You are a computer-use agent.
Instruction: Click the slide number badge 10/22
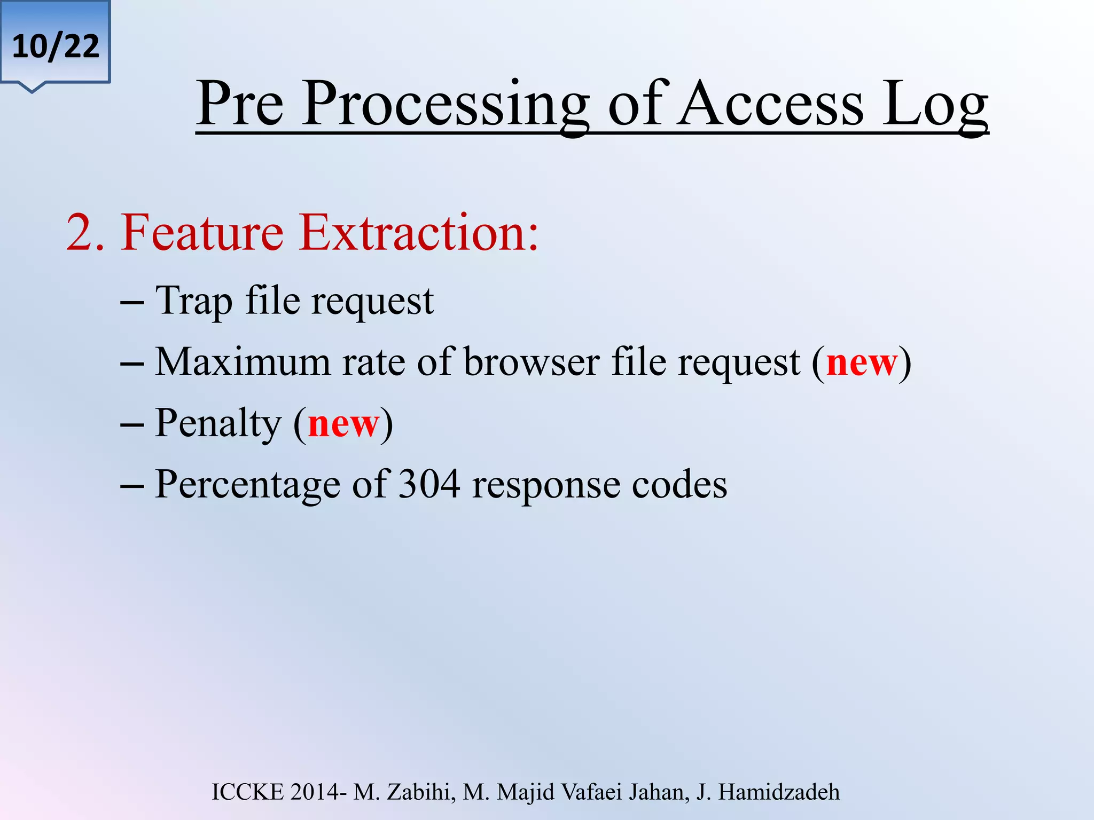[56, 46]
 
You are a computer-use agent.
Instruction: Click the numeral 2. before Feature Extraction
[85, 233]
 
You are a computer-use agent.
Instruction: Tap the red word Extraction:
[419, 233]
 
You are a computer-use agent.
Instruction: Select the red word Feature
[202, 233]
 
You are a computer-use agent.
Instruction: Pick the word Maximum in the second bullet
[243, 362]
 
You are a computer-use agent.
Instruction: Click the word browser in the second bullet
[532, 362]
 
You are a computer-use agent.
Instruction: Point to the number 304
[429, 484]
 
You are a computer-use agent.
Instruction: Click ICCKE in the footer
[248, 792]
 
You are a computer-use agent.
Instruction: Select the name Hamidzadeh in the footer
[779, 792]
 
